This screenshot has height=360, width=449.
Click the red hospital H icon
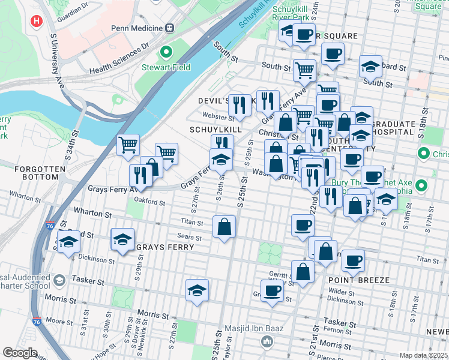tap(37, 21)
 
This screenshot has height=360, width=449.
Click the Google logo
tap(20, 353)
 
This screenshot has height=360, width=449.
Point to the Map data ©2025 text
tap(423, 355)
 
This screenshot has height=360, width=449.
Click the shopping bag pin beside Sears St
tap(224, 227)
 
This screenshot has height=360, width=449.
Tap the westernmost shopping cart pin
tap(128, 145)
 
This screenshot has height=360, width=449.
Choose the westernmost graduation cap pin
tap(68, 242)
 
